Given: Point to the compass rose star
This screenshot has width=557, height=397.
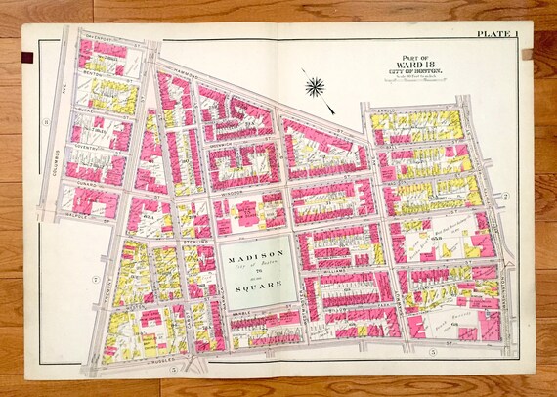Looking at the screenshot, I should pyautogui.click(x=315, y=86).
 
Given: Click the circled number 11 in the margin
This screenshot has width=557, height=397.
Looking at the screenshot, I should pyautogui.click(x=44, y=121).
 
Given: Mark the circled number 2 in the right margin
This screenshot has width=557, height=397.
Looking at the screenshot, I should pyautogui.click(x=507, y=196).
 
